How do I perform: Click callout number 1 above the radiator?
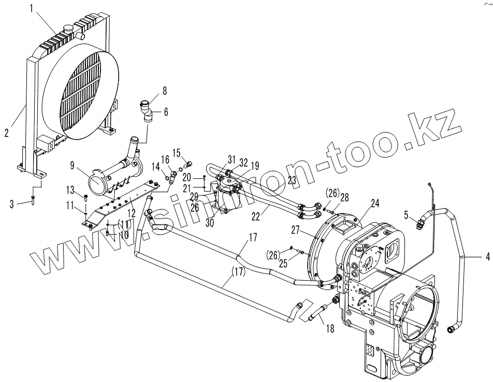pos(32,8)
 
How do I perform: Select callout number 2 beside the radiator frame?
pos(6,132)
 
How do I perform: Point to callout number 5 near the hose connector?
pos(407,213)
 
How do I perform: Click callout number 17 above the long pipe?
pos(253,238)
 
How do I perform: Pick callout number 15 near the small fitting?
pos(177,153)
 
